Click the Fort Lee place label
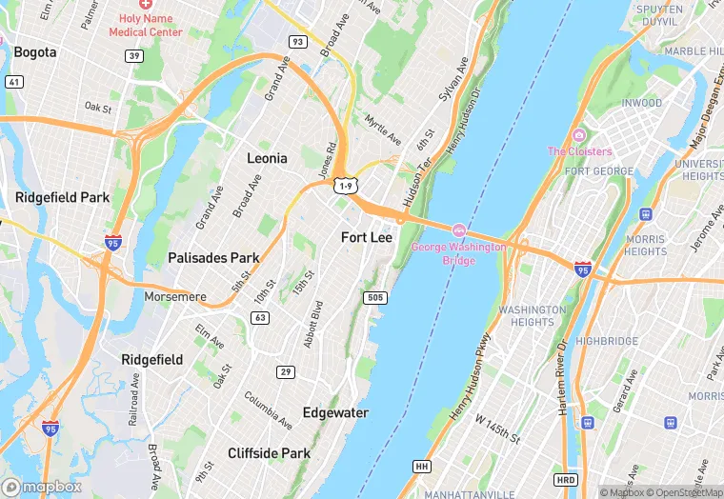click(x=367, y=236)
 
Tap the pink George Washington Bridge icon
click(x=458, y=230)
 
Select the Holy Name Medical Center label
click(x=146, y=25)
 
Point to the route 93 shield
click(x=298, y=42)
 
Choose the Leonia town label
click(x=267, y=158)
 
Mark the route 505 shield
click(x=375, y=298)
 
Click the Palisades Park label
click(x=213, y=258)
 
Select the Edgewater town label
click(x=335, y=412)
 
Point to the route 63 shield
click(x=259, y=317)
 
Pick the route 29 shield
click(x=285, y=371)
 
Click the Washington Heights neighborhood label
click(x=532, y=316)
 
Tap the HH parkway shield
click(x=422, y=466)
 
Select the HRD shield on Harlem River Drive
click(x=566, y=479)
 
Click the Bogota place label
click(x=35, y=52)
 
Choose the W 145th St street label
click(x=498, y=428)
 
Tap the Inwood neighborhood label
click(x=641, y=103)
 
